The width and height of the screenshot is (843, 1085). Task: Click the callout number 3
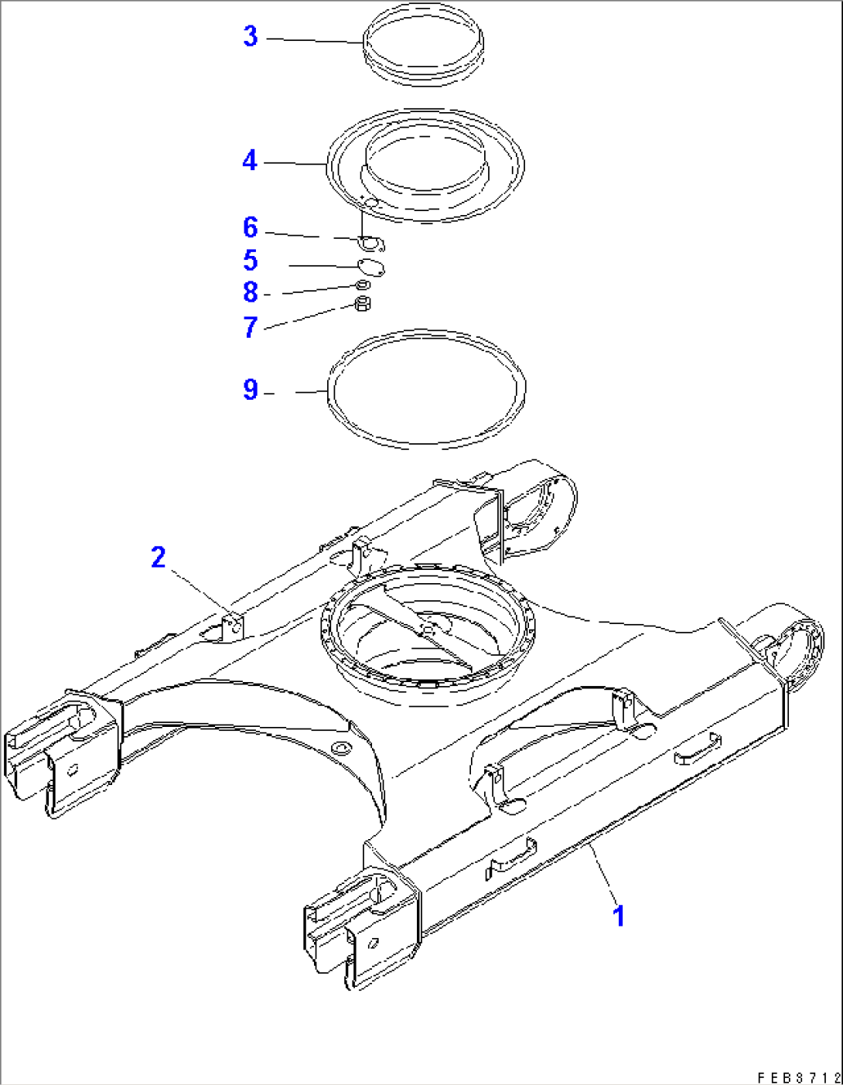(x=250, y=36)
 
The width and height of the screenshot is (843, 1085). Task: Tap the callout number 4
(x=249, y=161)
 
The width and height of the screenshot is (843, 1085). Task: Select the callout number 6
(x=250, y=227)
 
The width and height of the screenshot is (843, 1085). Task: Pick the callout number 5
(x=250, y=261)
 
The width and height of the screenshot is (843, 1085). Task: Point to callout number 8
(x=250, y=292)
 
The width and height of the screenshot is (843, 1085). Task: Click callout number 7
(x=250, y=327)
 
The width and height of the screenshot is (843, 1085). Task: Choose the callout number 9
(x=250, y=389)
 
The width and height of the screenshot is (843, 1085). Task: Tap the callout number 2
(x=159, y=557)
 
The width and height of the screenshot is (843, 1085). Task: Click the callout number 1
(x=618, y=916)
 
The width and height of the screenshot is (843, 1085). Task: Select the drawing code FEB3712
(x=797, y=1077)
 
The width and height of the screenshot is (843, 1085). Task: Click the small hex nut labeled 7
(x=361, y=304)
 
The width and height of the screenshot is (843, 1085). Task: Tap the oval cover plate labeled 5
(x=373, y=268)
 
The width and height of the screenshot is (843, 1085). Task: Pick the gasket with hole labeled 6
(x=374, y=244)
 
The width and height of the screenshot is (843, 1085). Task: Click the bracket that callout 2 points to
(x=233, y=626)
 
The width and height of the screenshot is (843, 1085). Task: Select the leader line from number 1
(x=603, y=873)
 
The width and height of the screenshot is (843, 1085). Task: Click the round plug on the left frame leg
(x=339, y=748)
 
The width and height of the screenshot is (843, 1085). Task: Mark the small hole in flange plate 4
(x=370, y=203)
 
